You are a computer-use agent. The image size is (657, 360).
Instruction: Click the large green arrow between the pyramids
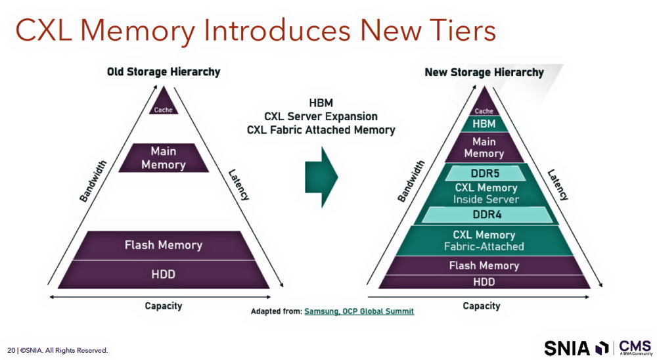(x=321, y=176)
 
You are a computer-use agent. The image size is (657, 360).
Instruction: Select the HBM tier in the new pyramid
(x=484, y=124)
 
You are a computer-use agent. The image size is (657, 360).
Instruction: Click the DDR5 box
(x=484, y=174)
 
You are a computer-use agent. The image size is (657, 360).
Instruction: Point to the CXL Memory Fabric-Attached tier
(x=484, y=240)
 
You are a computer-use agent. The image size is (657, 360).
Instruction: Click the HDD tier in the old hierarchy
(x=163, y=274)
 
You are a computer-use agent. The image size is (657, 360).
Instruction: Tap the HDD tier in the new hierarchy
(x=484, y=282)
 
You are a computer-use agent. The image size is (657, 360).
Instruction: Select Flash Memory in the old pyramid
(x=163, y=245)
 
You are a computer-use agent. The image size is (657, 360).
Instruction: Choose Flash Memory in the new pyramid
(x=484, y=265)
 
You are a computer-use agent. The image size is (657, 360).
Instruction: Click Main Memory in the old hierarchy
(x=164, y=158)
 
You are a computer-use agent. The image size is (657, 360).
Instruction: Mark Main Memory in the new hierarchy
(x=484, y=147)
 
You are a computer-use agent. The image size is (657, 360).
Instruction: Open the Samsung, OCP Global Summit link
(x=359, y=311)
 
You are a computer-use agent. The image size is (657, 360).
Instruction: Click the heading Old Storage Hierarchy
(x=164, y=72)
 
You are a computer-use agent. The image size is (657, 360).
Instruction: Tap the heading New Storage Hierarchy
(x=484, y=72)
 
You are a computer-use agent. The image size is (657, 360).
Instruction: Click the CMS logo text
(x=634, y=346)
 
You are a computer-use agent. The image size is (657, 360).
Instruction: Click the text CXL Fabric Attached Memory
(x=321, y=130)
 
